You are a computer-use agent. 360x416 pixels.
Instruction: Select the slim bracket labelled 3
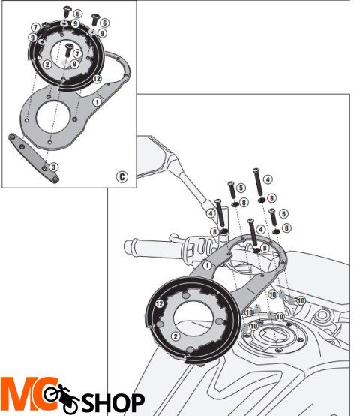click(33, 158)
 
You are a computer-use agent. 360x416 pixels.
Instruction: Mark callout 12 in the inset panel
click(97, 78)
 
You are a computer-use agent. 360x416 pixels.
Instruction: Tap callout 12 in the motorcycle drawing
click(159, 303)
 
